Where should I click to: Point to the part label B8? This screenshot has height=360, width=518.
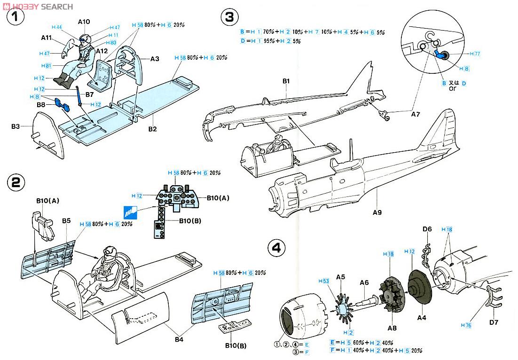pyautogui.click(x=41, y=104)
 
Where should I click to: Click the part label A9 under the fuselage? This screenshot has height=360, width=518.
pyautogui.click(x=377, y=212)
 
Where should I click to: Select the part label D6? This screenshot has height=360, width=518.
pyautogui.click(x=427, y=229)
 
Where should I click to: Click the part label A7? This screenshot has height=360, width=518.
pyautogui.click(x=416, y=114)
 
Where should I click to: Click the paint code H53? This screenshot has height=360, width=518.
pyautogui.click(x=323, y=281)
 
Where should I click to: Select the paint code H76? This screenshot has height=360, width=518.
pyautogui.click(x=466, y=325)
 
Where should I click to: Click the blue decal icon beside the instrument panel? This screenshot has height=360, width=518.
pyautogui.click(x=130, y=213)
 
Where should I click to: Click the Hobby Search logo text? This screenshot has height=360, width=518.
pyautogui.click(x=38, y=6)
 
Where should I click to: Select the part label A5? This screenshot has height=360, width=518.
pyautogui.click(x=341, y=277)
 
